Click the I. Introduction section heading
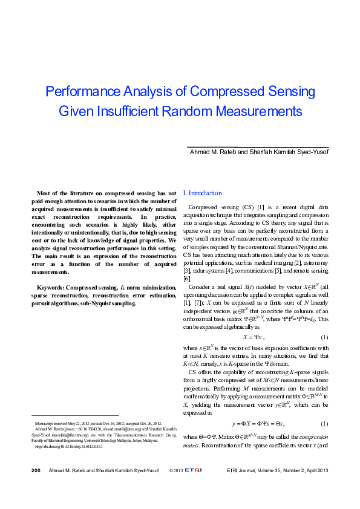202,193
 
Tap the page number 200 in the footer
36,487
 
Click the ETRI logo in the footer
194,487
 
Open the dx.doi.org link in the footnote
73,447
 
